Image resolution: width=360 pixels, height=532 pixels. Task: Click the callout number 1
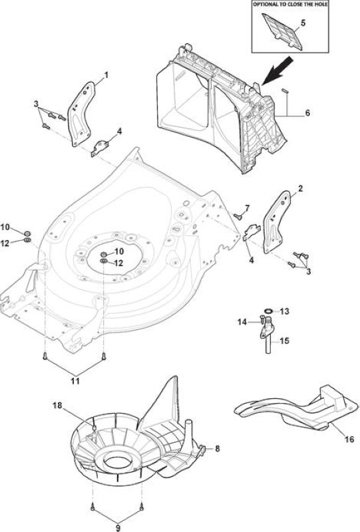click(106, 75)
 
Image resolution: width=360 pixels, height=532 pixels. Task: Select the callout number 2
click(301, 189)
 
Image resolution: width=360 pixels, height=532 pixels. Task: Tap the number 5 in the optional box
click(303, 23)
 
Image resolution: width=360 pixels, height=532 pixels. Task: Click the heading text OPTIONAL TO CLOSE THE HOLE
click(290, 5)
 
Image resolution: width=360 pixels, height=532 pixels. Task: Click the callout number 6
click(307, 112)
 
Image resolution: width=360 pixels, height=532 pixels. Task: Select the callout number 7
click(247, 208)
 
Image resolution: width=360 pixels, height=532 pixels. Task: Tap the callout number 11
click(75, 380)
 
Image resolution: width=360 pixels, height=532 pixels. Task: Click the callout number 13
click(285, 311)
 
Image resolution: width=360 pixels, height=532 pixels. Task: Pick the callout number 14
click(242, 321)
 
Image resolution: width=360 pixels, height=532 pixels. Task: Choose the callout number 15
click(285, 340)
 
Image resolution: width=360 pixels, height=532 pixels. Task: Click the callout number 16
click(349, 440)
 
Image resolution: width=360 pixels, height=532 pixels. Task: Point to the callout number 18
click(57, 405)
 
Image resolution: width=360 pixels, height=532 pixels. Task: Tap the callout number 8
click(218, 448)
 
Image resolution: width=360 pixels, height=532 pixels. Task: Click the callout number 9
click(118, 528)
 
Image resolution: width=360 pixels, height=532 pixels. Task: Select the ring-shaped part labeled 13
click(268, 311)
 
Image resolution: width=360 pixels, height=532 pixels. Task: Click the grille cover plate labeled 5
click(282, 31)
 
